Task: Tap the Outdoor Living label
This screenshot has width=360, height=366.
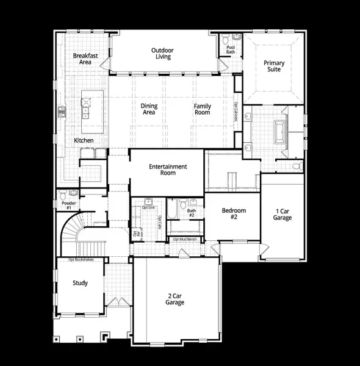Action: click(x=162, y=54)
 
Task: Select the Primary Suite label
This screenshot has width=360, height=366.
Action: click(x=274, y=66)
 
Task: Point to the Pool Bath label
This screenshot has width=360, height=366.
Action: click(x=231, y=49)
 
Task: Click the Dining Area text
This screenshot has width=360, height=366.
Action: click(x=149, y=109)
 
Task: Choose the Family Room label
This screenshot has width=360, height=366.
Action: click(x=203, y=109)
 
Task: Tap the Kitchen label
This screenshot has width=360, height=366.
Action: click(x=84, y=140)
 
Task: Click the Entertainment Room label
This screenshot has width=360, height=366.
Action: click(x=168, y=170)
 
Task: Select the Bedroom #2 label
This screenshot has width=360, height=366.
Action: click(x=232, y=213)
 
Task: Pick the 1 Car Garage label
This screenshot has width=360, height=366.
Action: click(x=283, y=214)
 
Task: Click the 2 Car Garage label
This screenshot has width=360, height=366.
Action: click(x=176, y=299)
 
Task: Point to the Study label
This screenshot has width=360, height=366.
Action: click(x=80, y=283)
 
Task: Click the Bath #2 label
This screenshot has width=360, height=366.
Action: click(x=191, y=213)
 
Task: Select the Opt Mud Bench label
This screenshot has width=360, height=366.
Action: click(x=184, y=240)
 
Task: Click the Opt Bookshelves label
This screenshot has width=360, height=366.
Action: click(x=81, y=259)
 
